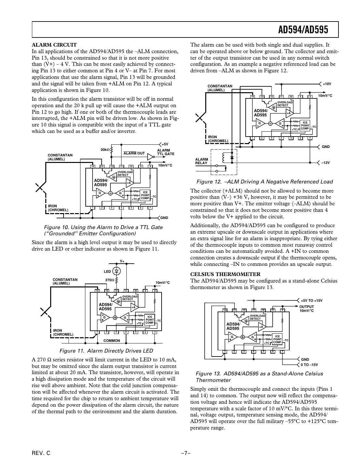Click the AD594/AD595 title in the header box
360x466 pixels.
coord(303,30)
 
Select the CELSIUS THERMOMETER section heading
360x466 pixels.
coord(225,274)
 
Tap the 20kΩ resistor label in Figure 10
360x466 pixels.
coord(105,150)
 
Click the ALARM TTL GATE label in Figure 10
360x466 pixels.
coord(166,152)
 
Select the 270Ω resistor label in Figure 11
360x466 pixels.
coord(109,280)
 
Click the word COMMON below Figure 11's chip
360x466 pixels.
coord(111,341)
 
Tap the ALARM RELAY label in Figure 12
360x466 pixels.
coord(201,161)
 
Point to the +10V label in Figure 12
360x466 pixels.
coord(327,84)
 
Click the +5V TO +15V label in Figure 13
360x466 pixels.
coord(311,300)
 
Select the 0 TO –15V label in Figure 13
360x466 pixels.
coord(309,365)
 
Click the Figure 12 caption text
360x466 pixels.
coord(264,182)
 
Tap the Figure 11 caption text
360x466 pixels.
coord(106,351)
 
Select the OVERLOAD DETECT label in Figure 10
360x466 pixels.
coord(125,173)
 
